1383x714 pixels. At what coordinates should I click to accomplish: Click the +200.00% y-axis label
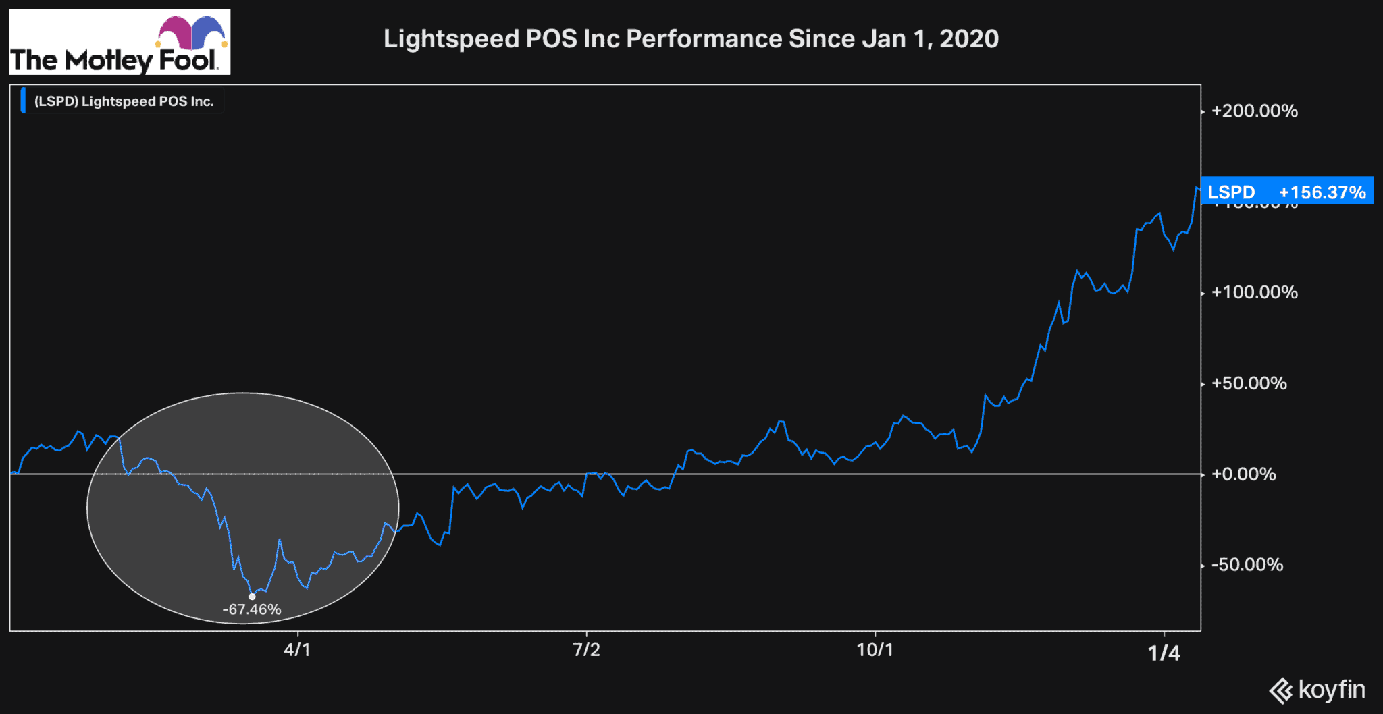click(1254, 111)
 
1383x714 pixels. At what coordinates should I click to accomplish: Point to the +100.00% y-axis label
click(1254, 292)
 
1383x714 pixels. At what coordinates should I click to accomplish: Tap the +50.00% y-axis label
click(1249, 383)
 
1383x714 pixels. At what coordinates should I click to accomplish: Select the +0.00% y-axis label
click(1243, 474)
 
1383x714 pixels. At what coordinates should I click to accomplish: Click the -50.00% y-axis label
click(1247, 565)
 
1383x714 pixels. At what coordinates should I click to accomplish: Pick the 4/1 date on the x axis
click(297, 650)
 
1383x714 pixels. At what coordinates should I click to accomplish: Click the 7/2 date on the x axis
click(586, 650)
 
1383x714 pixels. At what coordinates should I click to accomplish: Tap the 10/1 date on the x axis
click(875, 650)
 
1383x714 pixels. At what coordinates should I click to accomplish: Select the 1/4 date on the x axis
click(1164, 653)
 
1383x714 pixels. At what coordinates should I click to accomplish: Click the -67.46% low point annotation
click(252, 609)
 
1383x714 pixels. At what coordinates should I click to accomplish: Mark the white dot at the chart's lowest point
click(252, 597)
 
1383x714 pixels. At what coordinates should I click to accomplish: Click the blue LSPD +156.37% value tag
click(1286, 192)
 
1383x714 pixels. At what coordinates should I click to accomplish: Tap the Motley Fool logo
click(120, 42)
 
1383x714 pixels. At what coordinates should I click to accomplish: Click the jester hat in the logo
click(191, 32)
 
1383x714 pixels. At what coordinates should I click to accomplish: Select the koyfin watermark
click(1317, 690)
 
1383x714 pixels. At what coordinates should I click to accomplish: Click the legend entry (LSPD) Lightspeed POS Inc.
click(124, 101)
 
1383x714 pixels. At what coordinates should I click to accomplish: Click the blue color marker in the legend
click(23, 101)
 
